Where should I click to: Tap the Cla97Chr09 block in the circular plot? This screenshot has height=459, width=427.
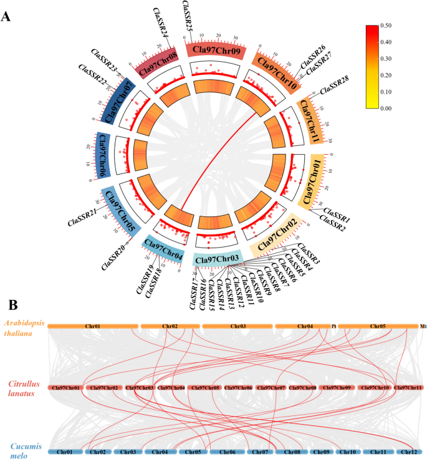click(213, 49)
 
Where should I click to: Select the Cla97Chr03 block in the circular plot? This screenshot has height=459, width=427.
click(216, 258)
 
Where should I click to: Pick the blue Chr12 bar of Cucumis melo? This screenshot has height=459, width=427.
click(409, 451)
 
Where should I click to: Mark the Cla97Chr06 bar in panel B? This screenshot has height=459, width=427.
click(237, 388)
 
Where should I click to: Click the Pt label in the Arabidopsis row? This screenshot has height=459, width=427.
click(334, 326)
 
